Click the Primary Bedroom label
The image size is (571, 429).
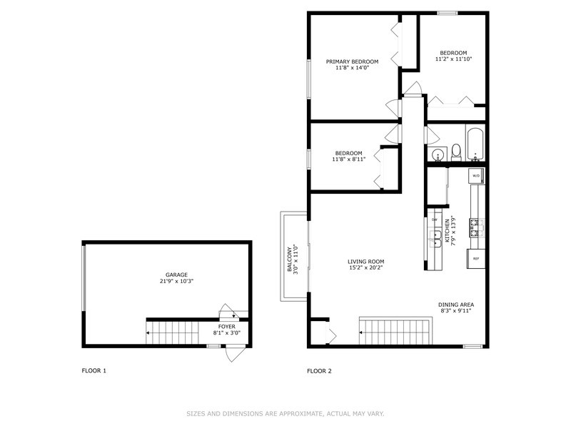point(352,61)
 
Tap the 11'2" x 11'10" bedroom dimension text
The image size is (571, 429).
point(453,59)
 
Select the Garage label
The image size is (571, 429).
point(176,275)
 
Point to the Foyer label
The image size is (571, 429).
point(226,327)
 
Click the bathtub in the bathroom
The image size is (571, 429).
point(475,144)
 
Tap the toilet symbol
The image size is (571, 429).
point(456,152)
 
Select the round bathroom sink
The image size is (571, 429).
point(437,154)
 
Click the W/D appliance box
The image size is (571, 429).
point(476,176)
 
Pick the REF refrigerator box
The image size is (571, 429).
point(476,259)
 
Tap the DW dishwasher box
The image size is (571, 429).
point(435,220)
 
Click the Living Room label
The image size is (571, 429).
point(365,262)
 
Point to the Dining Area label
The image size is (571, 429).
point(456,305)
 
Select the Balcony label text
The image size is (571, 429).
point(290,260)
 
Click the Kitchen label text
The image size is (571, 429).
point(447,232)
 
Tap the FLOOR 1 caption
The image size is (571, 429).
point(94,370)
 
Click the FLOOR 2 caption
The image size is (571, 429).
point(319,371)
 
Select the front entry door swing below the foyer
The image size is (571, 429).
point(234,353)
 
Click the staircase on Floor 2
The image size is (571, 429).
point(395,331)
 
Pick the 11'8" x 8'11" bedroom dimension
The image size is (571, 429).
point(348,159)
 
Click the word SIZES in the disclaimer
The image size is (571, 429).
point(196,414)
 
